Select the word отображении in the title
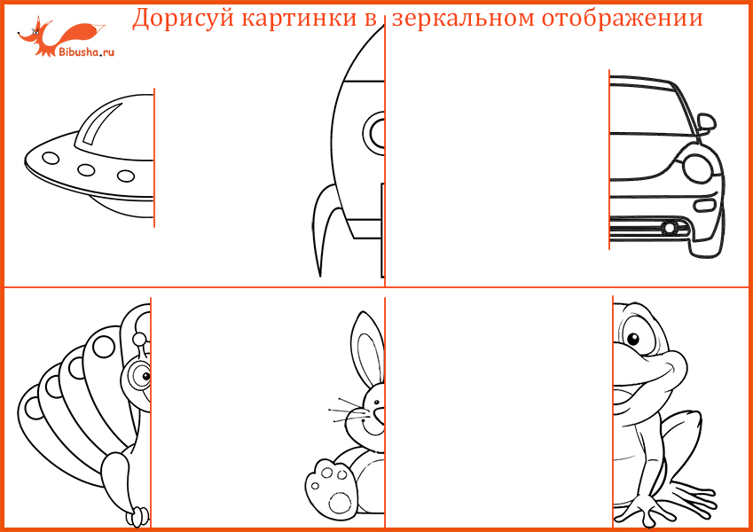coord(623,19)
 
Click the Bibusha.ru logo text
coord(86,51)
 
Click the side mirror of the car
coord(706,122)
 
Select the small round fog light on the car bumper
coord(669,228)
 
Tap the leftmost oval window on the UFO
coord(51,158)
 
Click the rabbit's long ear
coord(367,348)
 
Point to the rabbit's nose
coord(380,414)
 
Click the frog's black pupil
coord(633,340)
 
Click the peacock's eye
coord(141,375)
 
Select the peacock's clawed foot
coord(137,517)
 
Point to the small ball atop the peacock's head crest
coord(139,340)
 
